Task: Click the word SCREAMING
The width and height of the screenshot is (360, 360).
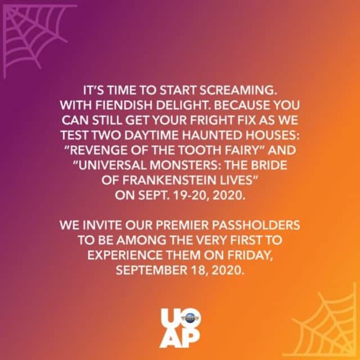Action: pyautogui.click(x=238, y=90)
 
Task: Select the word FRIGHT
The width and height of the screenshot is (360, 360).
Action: pyautogui.click(x=212, y=120)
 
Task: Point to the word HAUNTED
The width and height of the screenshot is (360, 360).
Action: pyautogui.click(x=211, y=136)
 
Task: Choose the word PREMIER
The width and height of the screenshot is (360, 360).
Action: pyautogui.click(x=182, y=225)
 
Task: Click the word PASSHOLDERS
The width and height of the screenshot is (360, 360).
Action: pyautogui.click(x=256, y=225)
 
